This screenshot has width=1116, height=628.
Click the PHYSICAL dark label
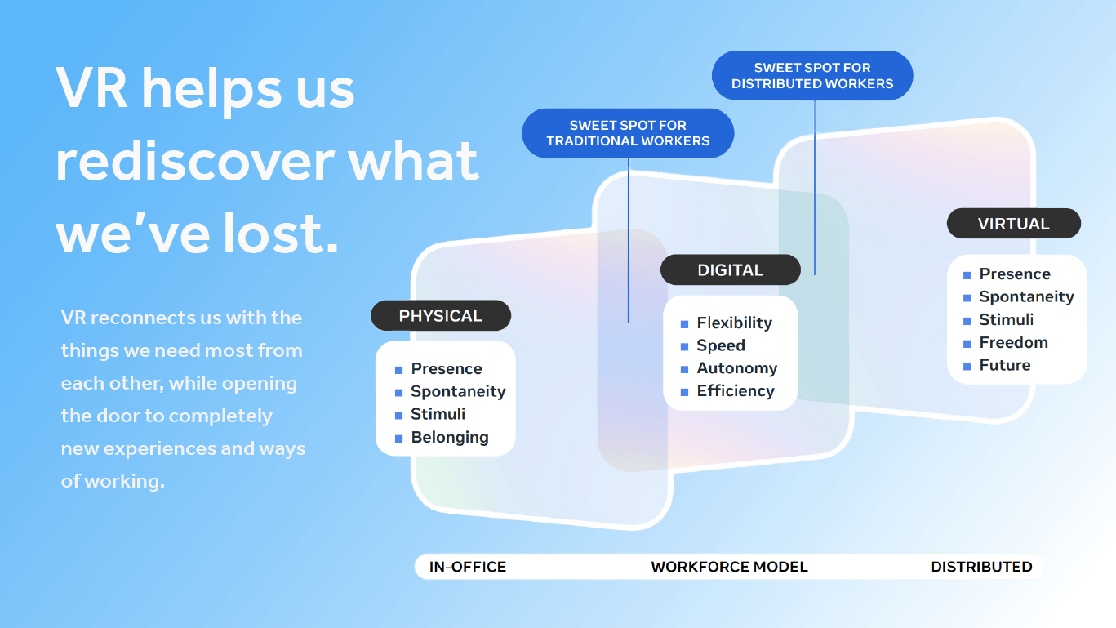441,316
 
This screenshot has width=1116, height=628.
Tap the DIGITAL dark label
730,270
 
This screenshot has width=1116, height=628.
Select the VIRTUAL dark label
1013,224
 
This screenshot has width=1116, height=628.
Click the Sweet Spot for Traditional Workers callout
628,133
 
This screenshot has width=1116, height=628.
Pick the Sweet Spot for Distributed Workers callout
812,75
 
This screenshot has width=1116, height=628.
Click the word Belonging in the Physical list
449,438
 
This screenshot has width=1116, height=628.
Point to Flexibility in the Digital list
734,323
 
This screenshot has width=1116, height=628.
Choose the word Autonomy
736,368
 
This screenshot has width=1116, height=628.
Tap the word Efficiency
735,391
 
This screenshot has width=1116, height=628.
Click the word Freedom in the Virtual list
1013,343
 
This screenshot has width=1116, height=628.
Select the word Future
1004,366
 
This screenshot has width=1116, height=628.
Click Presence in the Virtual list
1015,274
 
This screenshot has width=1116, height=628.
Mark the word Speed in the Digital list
720,346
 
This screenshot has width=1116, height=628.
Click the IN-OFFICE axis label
468,567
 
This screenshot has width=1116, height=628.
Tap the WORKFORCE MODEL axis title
729,567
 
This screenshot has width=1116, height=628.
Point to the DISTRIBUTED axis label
981,567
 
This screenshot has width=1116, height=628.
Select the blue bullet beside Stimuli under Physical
398,416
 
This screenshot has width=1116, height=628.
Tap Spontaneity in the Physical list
458,392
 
